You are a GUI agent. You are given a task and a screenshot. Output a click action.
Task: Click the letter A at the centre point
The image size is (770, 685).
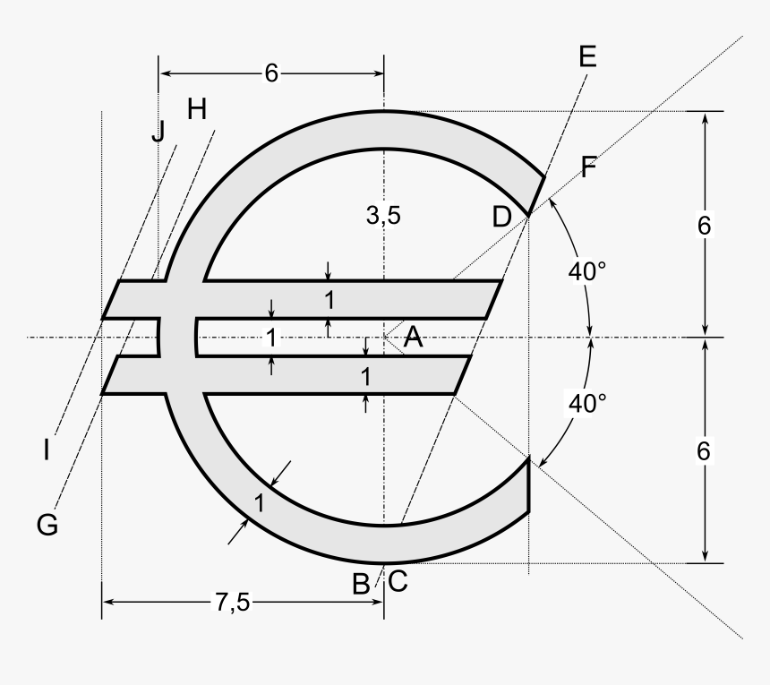[413, 338]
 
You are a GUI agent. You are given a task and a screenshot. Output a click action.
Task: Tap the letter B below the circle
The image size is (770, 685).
[361, 584]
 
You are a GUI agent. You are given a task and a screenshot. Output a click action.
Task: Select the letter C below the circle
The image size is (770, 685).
[398, 581]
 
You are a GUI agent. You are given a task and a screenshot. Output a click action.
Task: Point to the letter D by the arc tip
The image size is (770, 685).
[502, 216]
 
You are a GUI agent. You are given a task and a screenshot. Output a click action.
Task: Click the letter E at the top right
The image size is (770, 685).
[587, 56]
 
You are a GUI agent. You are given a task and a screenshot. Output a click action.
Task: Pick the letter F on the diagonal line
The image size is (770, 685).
[588, 167]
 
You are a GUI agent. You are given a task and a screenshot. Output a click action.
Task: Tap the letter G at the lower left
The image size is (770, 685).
[47, 525]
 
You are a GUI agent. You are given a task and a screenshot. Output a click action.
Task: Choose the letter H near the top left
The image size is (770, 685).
[197, 109]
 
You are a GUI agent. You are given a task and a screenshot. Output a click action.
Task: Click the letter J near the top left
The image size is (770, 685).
[158, 132]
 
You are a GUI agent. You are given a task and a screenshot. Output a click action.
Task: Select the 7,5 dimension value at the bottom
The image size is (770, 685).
[232, 604]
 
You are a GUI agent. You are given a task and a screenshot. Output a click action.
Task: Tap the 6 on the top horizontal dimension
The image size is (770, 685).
[271, 73]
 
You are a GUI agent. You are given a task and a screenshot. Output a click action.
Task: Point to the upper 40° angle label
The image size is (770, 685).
[587, 271]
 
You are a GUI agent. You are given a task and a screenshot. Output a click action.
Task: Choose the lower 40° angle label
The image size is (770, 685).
[587, 404]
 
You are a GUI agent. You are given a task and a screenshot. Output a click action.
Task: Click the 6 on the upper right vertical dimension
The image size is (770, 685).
[705, 226]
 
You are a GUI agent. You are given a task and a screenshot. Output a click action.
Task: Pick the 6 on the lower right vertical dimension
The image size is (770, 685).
[705, 451]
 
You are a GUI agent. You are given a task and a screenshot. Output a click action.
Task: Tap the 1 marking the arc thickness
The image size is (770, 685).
[259, 502]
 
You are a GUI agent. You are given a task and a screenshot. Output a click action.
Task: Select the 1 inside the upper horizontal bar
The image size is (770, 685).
[329, 298]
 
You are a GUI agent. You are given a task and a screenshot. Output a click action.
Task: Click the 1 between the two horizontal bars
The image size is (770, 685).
[271, 338]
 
